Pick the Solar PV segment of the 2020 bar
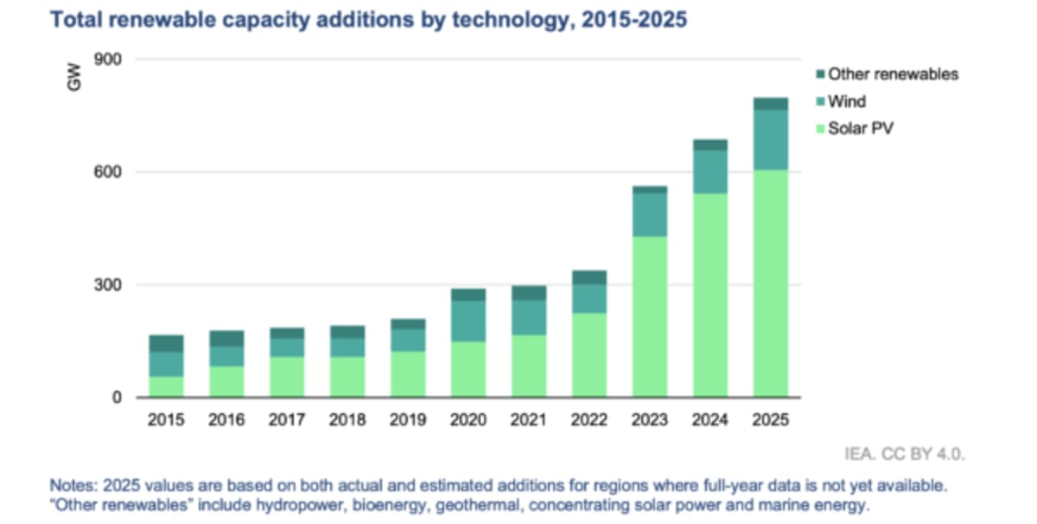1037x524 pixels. tap(468, 369)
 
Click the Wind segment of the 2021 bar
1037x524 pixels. tap(528, 317)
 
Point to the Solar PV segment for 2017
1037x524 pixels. tap(286, 377)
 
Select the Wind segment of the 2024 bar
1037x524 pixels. tap(709, 172)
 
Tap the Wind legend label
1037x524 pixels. tap(846, 102)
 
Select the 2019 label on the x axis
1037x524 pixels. tap(407, 420)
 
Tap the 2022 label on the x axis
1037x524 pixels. tap(588, 420)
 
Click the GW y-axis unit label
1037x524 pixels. tap(74, 80)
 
